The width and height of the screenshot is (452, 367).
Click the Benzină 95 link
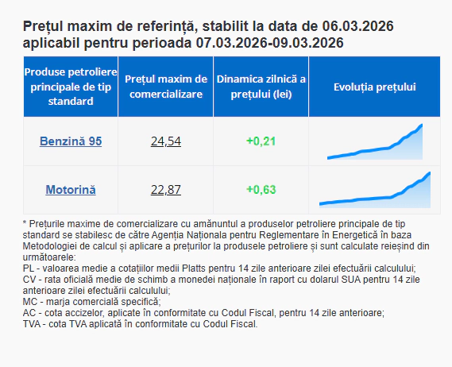(x=71, y=141)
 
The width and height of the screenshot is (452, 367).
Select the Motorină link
(x=71, y=190)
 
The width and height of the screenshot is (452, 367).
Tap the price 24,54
(x=166, y=141)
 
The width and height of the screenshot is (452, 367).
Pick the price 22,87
(x=166, y=190)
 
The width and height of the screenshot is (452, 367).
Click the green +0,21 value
(x=261, y=141)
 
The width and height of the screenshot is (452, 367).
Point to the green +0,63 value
(x=261, y=190)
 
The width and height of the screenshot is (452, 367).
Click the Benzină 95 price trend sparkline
(x=375, y=142)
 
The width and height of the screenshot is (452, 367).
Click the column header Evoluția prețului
(x=375, y=87)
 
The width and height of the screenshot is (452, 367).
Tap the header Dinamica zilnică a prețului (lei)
(x=261, y=87)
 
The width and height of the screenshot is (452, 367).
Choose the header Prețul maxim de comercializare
(x=166, y=87)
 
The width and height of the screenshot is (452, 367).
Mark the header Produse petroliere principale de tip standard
(x=71, y=87)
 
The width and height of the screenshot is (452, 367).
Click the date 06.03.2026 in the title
(x=356, y=26)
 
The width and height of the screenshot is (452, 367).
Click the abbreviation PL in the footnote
(x=29, y=268)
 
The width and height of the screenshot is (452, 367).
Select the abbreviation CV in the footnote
(x=30, y=280)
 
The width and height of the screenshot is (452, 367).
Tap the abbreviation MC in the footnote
(x=31, y=302)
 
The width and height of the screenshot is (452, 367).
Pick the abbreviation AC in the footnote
(x=30, y=313)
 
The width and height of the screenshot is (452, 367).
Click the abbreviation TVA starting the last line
(x=34, y=324)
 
